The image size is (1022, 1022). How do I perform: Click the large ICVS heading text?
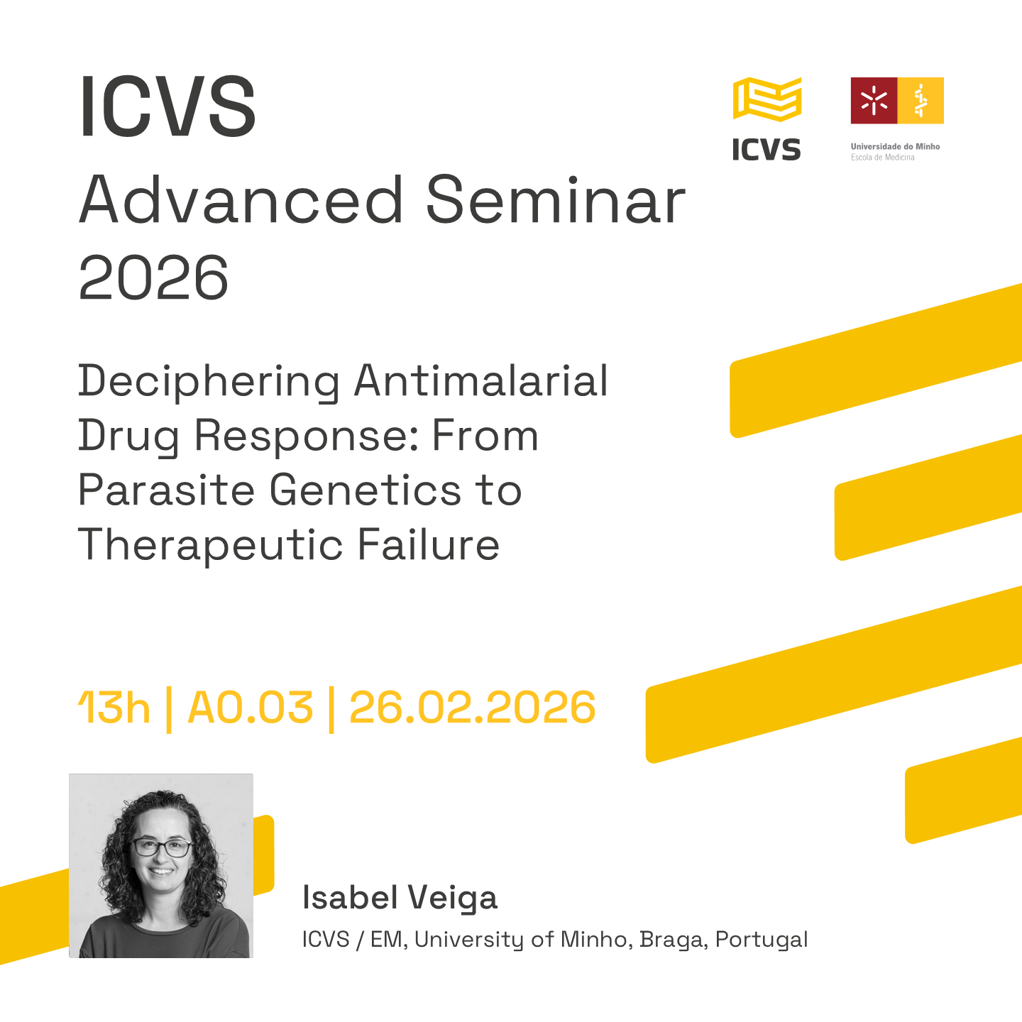(167, 106)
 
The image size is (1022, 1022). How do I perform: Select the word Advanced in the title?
(241, 200)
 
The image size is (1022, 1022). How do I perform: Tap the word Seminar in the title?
(556, 200)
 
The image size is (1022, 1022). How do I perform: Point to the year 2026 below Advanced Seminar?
(153, 278)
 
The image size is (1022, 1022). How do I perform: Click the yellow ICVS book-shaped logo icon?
(767, 99)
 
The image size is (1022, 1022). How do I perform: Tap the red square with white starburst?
(874, 100)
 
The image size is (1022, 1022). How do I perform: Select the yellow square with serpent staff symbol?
(921, 100)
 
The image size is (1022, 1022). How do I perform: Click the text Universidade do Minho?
(895, 146)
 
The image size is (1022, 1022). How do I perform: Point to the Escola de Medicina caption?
(882, 158)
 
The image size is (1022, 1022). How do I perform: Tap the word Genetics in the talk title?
(366, 490)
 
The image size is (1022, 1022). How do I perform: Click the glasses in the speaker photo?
(162, 847)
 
